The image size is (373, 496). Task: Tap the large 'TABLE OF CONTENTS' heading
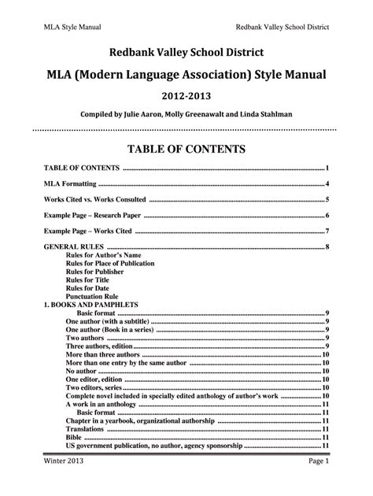[186, 148]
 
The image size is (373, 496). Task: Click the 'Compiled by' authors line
[186, 114]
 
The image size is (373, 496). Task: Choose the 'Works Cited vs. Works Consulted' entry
[94, 199]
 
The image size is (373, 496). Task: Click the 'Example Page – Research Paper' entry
[94, 215]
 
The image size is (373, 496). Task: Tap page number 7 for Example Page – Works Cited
[327, 231]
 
